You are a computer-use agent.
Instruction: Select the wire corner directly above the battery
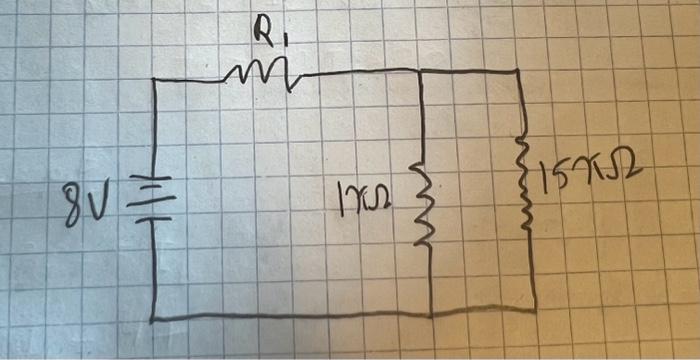[x=153, y=80]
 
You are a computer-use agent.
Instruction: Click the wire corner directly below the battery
[x=154, y=319]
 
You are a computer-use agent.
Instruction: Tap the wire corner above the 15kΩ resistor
[x=517, y=71]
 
